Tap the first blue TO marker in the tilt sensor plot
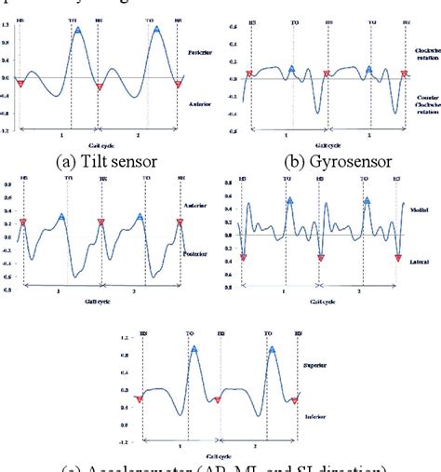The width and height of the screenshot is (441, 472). pos(78,31)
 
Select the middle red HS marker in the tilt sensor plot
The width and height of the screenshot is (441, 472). pos(100,87)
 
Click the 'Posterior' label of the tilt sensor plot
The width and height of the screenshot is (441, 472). pos(198,54)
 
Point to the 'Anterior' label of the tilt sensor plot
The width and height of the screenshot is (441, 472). pos(198,102)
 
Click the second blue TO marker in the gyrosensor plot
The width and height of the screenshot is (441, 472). pos(369,68)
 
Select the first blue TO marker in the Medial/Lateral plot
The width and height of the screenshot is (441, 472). pos(291,199)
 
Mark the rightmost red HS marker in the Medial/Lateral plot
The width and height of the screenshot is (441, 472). pos(397,258)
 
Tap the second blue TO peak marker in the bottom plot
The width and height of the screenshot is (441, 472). pos(272,351)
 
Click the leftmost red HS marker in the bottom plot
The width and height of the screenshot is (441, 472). pos(140,399)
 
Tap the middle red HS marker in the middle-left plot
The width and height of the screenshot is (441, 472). pos(100,223)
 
